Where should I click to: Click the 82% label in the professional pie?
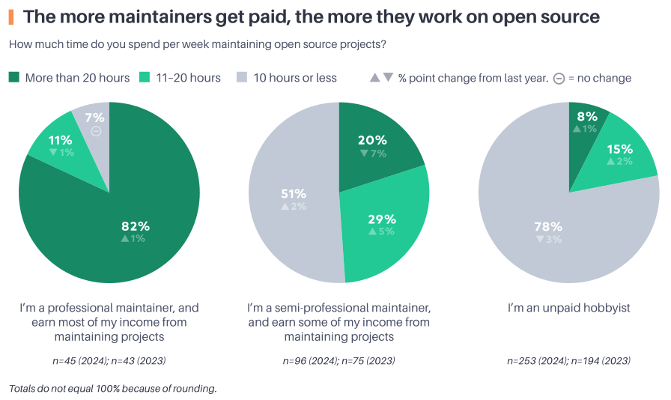tap(136, 225)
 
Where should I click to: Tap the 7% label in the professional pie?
tap(94, 118)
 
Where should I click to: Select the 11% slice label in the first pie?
tap(61, 140)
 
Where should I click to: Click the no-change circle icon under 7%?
tap(96, 131)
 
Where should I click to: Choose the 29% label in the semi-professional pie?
tap(382, 219)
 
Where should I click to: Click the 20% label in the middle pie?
tap(372, 140)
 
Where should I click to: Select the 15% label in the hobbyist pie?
tap(620, 148)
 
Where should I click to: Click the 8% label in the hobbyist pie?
tap(587, 116)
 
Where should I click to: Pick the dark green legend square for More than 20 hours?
tap(14, 77)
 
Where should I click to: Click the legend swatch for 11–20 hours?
tap(145, 77)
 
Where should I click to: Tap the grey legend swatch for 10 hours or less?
tap(241, 77)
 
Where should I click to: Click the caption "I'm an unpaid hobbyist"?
tap(568, 308)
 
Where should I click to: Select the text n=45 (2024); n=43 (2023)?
tap(109, 360)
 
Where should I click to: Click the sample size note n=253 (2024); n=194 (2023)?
tap(568, 360)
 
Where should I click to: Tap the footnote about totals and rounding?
tap(113, 388)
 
